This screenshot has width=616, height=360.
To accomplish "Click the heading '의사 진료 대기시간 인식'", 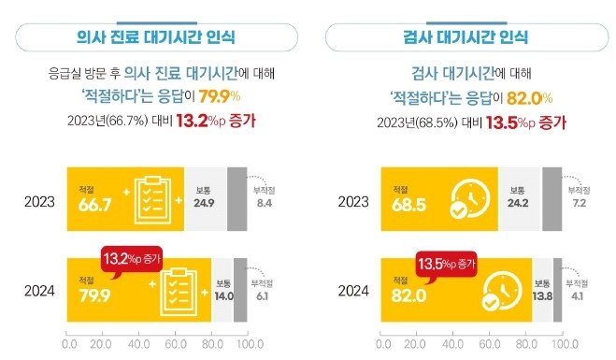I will point(155,37).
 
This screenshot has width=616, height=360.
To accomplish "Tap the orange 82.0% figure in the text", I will point(532,96).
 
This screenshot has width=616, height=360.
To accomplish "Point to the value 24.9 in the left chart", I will point(204,204).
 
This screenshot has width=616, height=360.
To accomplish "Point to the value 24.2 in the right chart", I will point(519,204).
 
